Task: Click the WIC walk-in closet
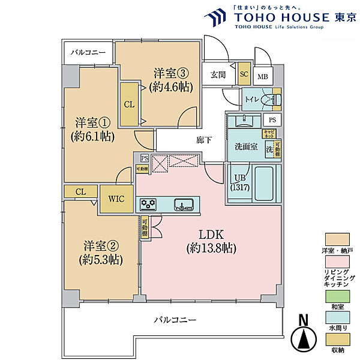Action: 116,200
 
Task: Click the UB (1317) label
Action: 238,182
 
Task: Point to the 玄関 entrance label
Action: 218,75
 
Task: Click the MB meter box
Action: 263,77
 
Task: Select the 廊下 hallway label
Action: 203,140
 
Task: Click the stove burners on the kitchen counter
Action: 148,205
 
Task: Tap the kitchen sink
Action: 182,205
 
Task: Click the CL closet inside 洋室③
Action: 129,104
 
